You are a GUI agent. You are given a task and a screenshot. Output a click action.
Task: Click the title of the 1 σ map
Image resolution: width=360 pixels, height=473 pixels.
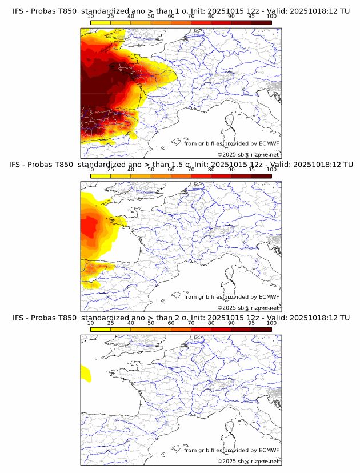pos(181,11)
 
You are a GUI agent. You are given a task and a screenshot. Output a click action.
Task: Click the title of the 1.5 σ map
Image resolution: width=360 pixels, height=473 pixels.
pos(181,165)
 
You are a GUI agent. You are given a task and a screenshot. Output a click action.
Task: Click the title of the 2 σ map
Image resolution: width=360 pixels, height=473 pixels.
pos(181,318)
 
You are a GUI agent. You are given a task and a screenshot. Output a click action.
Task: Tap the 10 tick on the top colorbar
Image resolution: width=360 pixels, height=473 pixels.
pos(91,17)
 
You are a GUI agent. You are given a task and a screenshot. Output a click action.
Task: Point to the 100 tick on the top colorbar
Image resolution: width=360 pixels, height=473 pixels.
pos(271,17)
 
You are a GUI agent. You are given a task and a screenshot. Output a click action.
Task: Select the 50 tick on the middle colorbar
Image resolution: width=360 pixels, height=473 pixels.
pos(151,170)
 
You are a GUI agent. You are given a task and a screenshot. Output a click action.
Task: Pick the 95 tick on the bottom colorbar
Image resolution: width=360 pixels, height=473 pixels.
pos(251,323)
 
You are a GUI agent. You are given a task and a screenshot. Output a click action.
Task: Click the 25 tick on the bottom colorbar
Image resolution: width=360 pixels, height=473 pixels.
pos(111,323)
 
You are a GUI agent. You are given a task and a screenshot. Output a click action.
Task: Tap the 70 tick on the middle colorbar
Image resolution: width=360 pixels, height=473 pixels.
pos(191,170)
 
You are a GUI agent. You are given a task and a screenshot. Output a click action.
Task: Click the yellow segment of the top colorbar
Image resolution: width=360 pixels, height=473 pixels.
pos(101,22)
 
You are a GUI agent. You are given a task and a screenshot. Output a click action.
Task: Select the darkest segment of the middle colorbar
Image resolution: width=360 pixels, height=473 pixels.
pos(261,176)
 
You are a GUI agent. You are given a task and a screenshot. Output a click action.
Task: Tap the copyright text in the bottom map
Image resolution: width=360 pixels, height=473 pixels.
pos(248,461)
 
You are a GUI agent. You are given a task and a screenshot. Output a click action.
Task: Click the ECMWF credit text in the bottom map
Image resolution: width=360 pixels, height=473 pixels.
pos(231,450)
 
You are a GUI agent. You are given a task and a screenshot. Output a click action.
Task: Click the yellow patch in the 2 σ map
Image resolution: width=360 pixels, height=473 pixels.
pos(86,372)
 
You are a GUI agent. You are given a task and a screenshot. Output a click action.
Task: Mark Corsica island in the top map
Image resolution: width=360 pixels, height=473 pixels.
pos(231,121)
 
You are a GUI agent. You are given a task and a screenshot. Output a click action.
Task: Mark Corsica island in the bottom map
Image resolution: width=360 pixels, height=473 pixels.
pos(231,427)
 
